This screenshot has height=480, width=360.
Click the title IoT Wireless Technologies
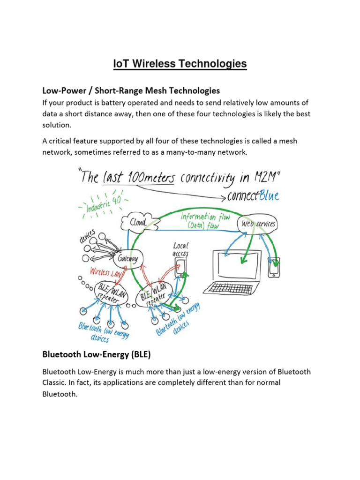[180, 64]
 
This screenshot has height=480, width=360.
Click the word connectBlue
[254, 195]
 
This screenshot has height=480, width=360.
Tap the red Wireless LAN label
[107, 272]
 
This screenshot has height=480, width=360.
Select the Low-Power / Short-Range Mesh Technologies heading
[131, 90]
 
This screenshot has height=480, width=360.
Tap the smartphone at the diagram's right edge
[273, 268]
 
